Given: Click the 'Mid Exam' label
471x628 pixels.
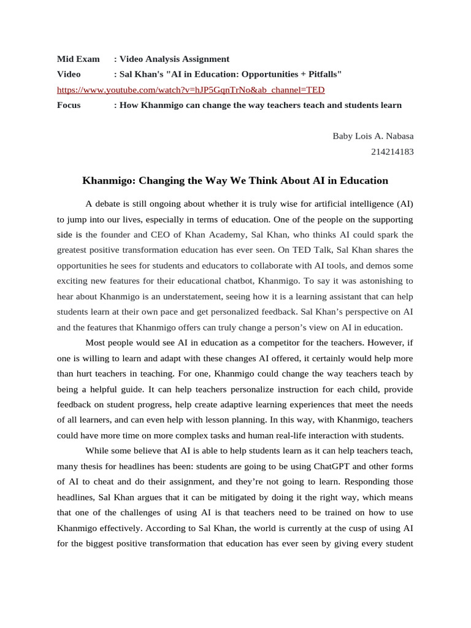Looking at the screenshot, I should (78, 59).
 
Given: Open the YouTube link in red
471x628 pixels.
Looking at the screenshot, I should (191, 90).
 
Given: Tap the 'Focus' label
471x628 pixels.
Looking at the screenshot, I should (69, 105).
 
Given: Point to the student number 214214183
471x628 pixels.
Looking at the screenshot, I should (392, 151).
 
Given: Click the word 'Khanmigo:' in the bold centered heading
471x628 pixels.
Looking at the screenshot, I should (109, 181).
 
